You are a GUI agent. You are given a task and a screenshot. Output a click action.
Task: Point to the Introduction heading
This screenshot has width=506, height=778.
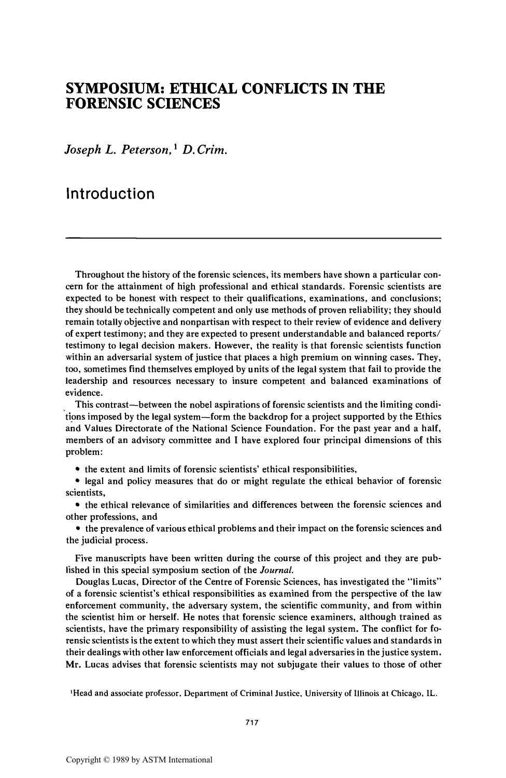point(110,194)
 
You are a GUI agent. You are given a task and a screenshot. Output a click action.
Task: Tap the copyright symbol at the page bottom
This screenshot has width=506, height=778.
point(102,760)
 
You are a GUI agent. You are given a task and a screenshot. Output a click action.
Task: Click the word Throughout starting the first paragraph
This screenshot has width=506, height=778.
point(99,274)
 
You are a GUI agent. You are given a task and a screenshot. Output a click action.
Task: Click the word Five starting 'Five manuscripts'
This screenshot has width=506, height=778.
point(85,558)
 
